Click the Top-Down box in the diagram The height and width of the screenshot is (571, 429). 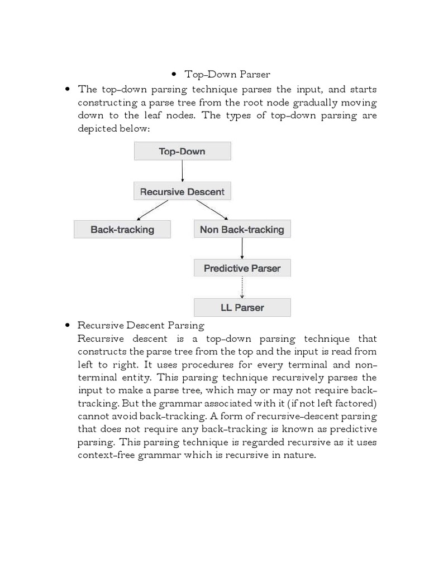182,151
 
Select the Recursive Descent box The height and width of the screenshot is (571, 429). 182,191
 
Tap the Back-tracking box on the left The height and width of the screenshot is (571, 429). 122,229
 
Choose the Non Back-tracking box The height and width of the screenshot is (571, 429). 242,229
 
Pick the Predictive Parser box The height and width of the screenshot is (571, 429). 242,268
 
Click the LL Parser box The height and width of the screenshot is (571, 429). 242,307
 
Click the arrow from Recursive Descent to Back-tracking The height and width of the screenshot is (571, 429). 152,210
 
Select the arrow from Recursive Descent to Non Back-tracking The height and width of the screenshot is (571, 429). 212,210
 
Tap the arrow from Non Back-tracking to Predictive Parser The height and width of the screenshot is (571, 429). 242,248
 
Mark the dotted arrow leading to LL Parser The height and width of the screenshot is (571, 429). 242,288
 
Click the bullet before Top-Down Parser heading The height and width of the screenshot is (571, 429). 174,74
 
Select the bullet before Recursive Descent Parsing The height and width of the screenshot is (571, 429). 68,325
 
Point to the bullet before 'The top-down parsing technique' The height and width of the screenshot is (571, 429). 68,89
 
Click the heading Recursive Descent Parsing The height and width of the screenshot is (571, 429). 141,325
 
